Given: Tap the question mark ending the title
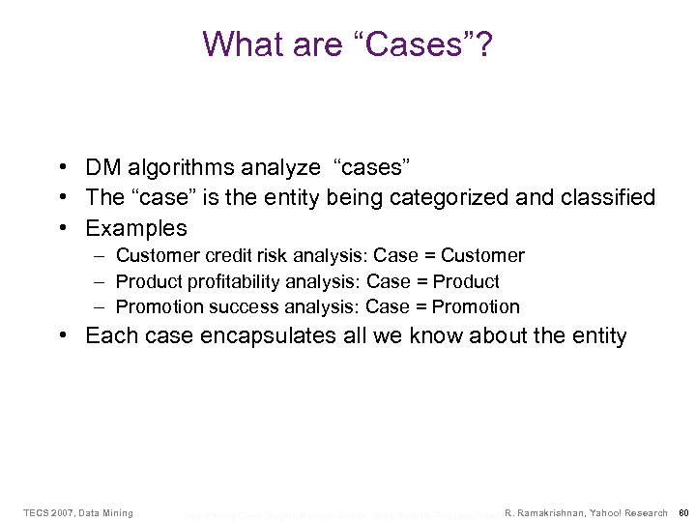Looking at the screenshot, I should coord(483,43).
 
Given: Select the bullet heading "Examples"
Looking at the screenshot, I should coord(136,229).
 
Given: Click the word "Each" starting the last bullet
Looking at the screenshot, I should coord(107,335).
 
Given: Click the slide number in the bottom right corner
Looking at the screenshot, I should coord(682,512).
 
